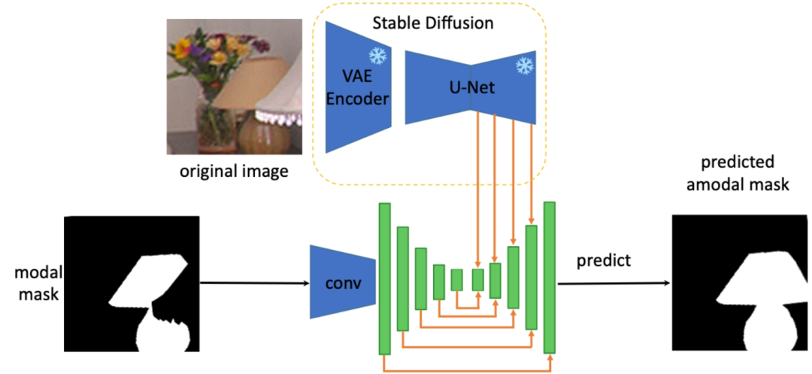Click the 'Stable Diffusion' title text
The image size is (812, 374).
432,23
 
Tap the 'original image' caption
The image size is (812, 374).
233,172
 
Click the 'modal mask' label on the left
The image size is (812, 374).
32,283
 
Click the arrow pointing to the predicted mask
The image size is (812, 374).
613,284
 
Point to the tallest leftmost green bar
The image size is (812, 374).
386,278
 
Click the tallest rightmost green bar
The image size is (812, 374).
550,276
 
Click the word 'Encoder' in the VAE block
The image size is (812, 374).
358,99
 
